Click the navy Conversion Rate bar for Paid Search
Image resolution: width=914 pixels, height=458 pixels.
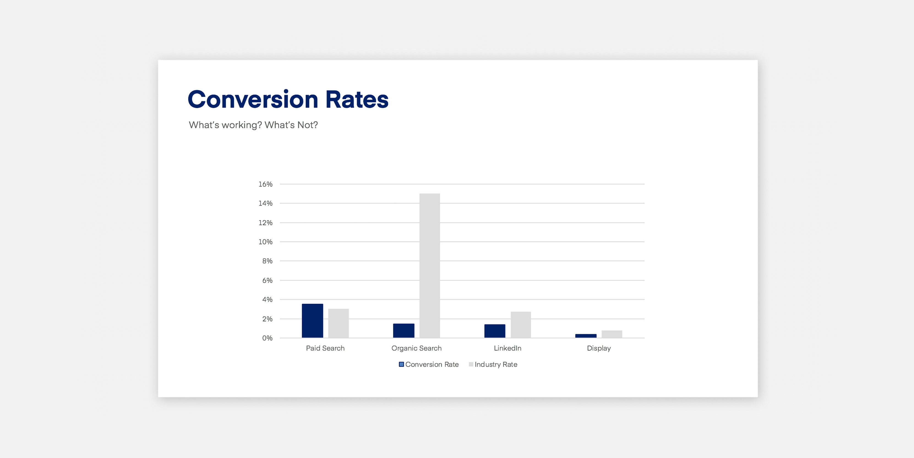click(312, 321)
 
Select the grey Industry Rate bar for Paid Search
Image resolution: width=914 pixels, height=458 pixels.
click(339, 323)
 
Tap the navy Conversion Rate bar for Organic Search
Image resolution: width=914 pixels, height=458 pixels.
click(403, 331)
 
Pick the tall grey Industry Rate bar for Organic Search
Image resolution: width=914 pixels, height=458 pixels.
click(430, 265)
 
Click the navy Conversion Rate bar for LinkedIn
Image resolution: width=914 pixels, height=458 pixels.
click(495, 331)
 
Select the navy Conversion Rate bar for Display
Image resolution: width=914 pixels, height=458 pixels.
click(586, 336)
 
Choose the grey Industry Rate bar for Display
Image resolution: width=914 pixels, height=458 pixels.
click(612, 334)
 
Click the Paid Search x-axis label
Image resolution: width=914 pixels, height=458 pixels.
click(325, 348)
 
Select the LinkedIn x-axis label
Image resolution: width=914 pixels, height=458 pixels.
click(508, 348)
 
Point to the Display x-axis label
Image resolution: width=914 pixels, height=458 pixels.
click(599, 348)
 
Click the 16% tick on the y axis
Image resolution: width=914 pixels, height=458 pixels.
click(265, 184)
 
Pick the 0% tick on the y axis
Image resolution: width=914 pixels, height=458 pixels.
click(267, 338)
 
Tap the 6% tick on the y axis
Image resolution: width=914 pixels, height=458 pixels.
click(267, 280)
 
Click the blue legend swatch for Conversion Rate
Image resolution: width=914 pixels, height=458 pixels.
click(401, 364)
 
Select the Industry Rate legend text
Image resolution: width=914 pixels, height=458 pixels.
click(496, 364)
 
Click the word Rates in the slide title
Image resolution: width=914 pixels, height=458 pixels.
click(357, 99)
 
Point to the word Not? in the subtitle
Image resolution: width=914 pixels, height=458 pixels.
click(308, 125)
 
